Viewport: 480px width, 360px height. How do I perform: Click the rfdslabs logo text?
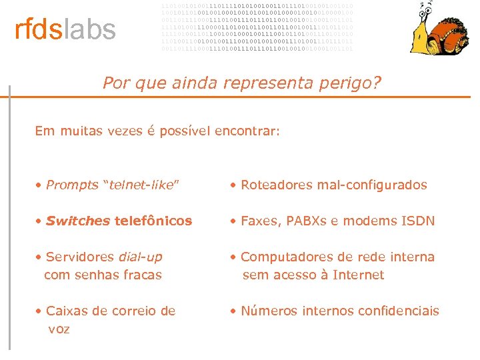pyautogui.click(x=65, y=30)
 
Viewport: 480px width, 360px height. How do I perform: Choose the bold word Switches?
pyautogui.click(x=78, y=220)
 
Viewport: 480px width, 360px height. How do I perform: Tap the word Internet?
pyautogui.click(x=358, y=275)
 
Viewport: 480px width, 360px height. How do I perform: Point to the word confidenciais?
pyautogui.click(x=400, y=311)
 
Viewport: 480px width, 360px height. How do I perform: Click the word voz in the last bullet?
pyautogui.click(x=59, y=329)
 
